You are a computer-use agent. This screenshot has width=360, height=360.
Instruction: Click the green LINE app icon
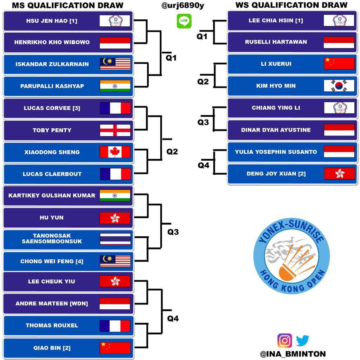(184, 21)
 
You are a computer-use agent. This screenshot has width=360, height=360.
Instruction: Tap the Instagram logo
(285, 340)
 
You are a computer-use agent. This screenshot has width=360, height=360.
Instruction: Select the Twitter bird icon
(302, 340)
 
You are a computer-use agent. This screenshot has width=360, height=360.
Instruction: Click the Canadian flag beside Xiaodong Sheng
(115, 152)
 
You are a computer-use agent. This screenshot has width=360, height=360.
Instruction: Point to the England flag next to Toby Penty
(115, 130)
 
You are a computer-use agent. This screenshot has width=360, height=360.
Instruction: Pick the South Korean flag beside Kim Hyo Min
(339, 86)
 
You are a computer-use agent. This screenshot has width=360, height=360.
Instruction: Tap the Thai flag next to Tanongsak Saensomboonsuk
(115, 239)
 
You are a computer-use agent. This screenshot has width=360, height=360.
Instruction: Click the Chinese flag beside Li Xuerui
(339, 64)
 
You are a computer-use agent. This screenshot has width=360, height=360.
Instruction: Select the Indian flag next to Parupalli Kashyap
(115, 86)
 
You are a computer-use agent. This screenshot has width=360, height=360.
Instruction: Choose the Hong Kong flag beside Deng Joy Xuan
(339, 174)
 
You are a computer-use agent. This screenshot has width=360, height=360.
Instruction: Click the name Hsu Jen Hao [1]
(52, 21)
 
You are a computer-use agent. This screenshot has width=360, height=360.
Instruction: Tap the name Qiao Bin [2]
(52, 348)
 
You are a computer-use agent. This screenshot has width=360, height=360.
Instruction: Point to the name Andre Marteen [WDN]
(52, 303)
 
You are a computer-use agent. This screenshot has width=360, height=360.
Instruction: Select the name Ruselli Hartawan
(276, 42)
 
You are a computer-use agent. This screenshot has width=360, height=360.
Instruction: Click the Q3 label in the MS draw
(173, 232)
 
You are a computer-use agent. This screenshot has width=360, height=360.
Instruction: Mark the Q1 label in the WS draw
(202, 36)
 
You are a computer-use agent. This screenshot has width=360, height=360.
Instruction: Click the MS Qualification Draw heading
(67, 5)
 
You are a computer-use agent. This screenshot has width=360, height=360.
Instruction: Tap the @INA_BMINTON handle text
(293, 354)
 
